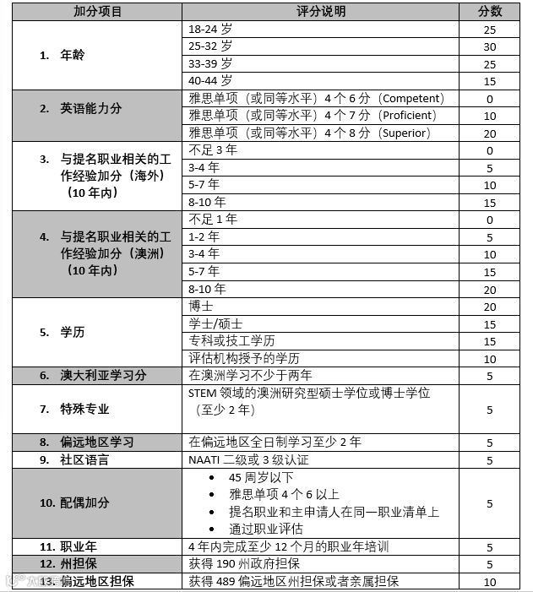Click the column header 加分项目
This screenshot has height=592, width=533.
(97, 12)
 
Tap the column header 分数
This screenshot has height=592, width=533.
(490, 12)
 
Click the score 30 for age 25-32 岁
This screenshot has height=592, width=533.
(490, 46)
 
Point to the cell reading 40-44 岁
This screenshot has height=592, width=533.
(210, 81)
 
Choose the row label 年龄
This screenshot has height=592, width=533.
(73, 55)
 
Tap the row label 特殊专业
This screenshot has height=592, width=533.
(84, 409)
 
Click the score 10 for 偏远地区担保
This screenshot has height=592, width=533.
(490, 581)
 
